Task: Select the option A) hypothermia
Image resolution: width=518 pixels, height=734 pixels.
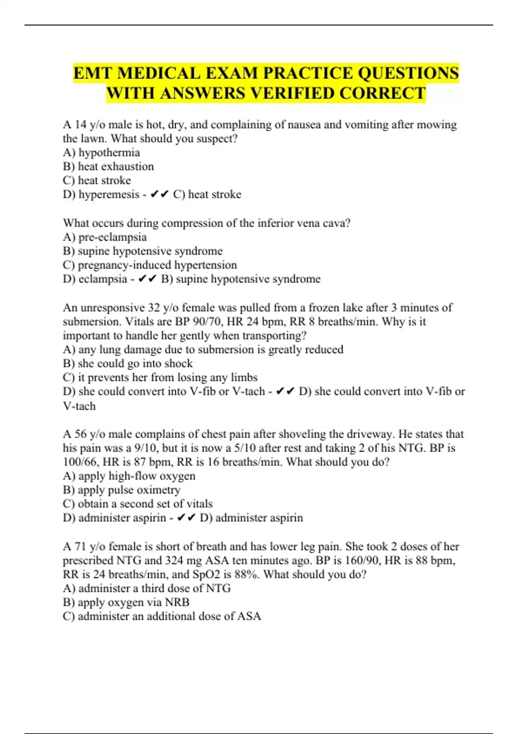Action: click(x=101, y=152)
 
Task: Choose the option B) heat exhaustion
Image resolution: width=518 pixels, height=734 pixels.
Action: click(x=108, y=166)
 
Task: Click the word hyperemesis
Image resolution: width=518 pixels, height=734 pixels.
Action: click(x=109, y=194)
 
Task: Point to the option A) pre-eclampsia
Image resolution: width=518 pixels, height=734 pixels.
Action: click(x=105, y=237)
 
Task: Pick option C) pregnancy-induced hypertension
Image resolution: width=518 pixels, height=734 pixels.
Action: click(x=150, y=265)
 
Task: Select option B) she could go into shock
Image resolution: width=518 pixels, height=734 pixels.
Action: click(x=128, y=364)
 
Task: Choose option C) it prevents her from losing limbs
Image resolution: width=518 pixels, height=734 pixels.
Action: click(x=160, y=377)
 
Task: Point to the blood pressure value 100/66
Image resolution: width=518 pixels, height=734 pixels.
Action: click(x=81, y=462)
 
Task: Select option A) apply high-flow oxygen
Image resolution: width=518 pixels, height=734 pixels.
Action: click(x=129, y=476)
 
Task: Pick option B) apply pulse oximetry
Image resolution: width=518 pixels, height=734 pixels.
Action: click(x=122, y=490)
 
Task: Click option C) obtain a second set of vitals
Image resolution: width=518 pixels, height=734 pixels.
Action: click(x=138, y=504)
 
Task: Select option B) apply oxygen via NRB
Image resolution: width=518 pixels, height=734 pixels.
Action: click(x=126, y=602)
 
